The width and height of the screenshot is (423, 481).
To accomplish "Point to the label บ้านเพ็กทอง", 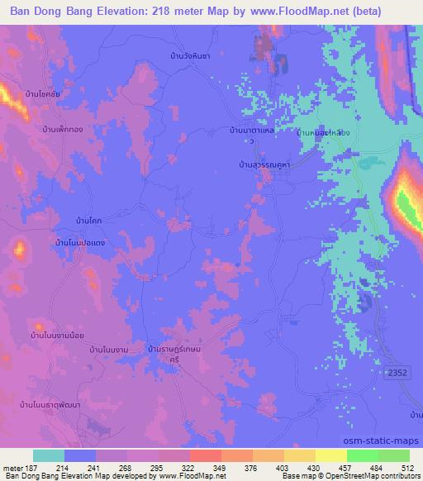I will pyautogui.click(x=61, y=130).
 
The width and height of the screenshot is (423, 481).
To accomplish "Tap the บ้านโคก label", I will pyautogui.click(x=89, y=221).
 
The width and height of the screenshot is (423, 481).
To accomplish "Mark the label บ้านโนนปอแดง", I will pyautogui.click(x=79, y=242).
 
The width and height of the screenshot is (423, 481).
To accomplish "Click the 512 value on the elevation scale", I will pyautogui.click(x=407, y=468).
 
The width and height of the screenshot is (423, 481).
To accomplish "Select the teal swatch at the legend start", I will pyautogui.click(x=49, y=455).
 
